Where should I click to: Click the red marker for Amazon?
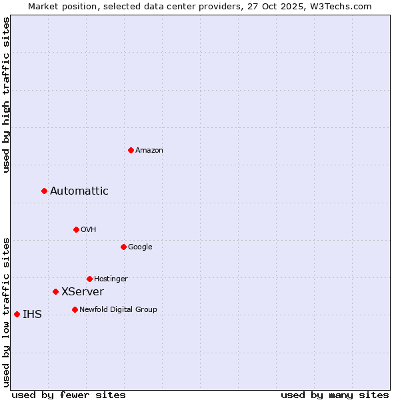click(x=131, y=150)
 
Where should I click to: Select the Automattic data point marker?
click(x=45, y=191)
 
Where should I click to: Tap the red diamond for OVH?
click(x=76, y=229)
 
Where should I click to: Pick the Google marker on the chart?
click(x=123, y=247)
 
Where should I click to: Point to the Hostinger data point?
click(x=89, y=279)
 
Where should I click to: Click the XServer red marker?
click(x=55, y=291)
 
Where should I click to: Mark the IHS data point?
click(x=17, y=314)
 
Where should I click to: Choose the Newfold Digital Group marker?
click(x=75, y=309)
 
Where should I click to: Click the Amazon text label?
click(x=149, y=151)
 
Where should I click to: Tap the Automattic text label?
click(x=79, y=191)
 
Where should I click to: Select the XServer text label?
click(x=83, y=292)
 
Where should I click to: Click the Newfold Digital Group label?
click(x=118, y=309)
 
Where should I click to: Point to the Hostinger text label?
click(x=111, y=279)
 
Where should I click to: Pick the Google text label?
click(x=140, y=247)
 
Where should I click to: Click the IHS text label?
click(x=32, y=315)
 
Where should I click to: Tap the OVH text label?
click(x=89, y=230)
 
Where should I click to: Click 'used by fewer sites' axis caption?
click(x=69, y=395)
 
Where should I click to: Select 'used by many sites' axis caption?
click(x=335, y=395)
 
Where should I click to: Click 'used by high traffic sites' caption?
click(x=6, y=95)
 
